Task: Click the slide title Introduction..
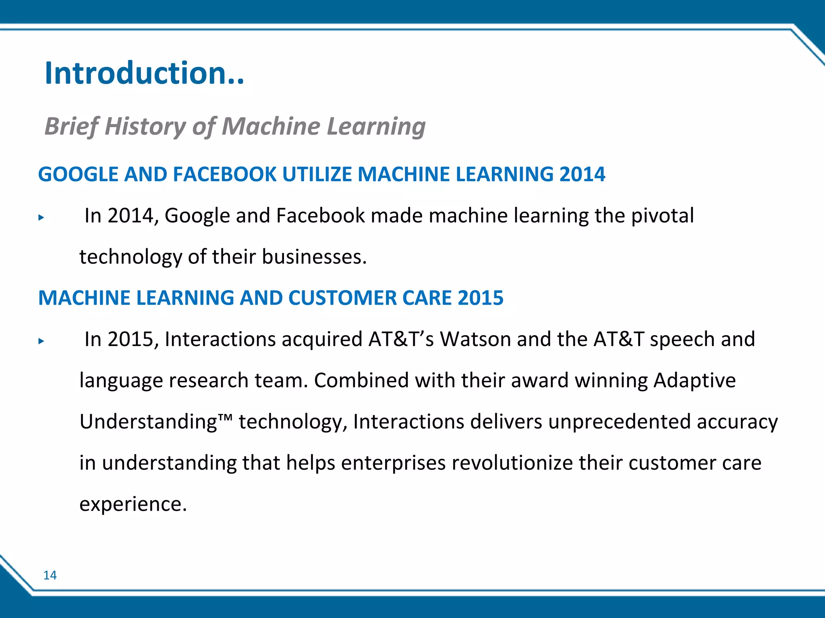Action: coord(144,73)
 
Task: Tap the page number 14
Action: coord(50,575)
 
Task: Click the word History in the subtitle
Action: coord(145,126)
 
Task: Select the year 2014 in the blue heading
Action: coord(582,174)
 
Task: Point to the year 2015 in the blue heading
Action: coord(480,298)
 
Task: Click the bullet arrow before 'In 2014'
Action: coord(41,218)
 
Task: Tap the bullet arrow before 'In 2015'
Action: coord(41,341)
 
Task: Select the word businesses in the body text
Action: coord(314,257)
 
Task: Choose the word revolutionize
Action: coord(512,463)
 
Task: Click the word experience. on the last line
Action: coord(133,505)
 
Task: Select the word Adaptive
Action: coord(694,380)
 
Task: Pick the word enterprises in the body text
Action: coord(393,463)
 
